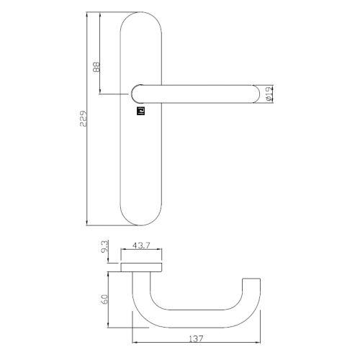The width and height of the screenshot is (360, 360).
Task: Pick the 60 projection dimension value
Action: click(x=105, y=298)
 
